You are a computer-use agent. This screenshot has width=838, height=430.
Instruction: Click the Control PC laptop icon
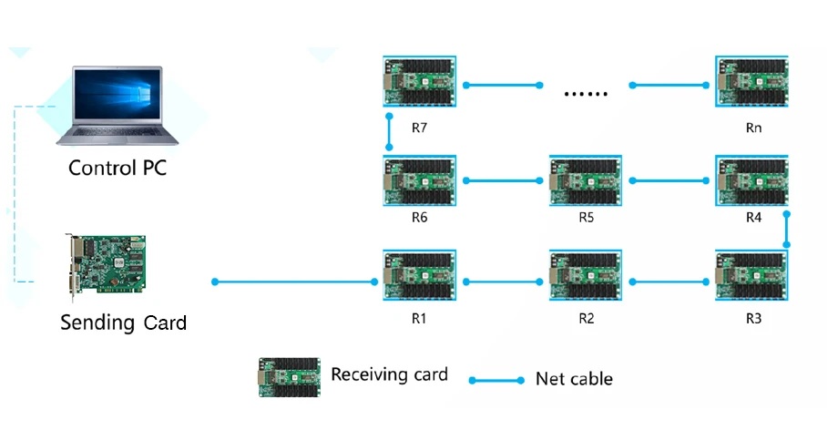pyautogui.click(x=118, y=107)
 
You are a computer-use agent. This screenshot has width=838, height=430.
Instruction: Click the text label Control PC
pyautogui.click(x=118, y=169)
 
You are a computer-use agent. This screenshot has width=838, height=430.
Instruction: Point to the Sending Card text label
pyautogui.click(x=123, y=322)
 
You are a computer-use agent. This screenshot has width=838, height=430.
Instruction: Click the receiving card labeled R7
pyautogui.click(x=419, y=84)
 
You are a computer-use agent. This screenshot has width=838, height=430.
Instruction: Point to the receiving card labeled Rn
pyautogui.click(x=752, y=84)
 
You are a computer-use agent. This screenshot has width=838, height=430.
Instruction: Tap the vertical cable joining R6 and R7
pyautogui.click(x=389, y=132)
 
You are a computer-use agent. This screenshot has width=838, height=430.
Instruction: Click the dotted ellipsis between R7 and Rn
pyautogui.click(x=586, y=91)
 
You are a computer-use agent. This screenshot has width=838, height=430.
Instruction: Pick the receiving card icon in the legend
pyautogui.click(x=289, y=376)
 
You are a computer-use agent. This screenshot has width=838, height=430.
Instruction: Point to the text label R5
pyautogui.click(x=587, y=219)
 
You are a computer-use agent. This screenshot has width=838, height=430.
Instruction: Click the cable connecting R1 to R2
pyautogui.click(x=503, y=282)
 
